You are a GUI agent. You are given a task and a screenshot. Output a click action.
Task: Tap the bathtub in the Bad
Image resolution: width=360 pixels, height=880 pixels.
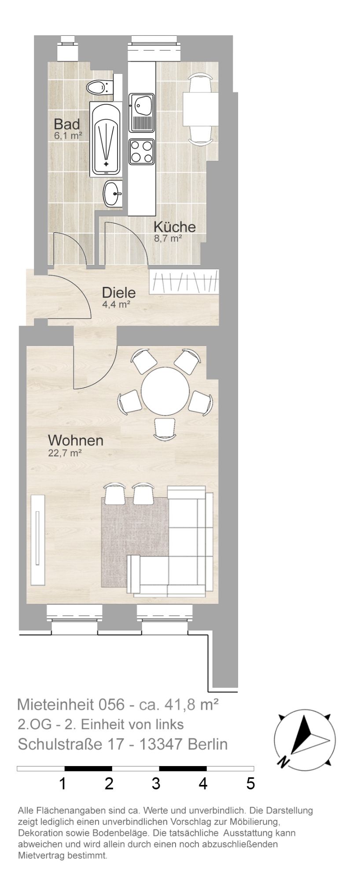(x=106, y=139)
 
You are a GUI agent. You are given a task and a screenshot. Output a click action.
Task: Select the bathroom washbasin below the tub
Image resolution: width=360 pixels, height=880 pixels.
(x=114, y=193)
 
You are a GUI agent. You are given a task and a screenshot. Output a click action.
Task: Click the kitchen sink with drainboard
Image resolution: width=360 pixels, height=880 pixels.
(x=142, y=113)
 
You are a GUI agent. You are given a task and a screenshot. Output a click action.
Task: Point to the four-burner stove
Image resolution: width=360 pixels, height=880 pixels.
(x=142, y=151)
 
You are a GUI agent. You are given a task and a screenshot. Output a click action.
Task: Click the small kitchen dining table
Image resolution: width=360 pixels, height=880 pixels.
(x=200, y=109)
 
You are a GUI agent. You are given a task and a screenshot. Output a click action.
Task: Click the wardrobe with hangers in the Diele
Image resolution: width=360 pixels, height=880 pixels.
(x=184, y=282)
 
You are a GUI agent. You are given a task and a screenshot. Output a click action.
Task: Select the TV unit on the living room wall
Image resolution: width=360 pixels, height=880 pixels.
(x=38, y=539)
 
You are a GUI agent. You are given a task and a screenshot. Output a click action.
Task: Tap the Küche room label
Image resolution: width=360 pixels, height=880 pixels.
(x=174, y=227)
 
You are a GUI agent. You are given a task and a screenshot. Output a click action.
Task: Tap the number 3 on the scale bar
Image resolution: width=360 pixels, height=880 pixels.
(x=156, y=784)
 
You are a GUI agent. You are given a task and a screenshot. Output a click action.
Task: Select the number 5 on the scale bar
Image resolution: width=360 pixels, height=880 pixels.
(x=250, y=784)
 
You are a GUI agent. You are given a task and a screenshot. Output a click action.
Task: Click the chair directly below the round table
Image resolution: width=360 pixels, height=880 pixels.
(x=165, y=429)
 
